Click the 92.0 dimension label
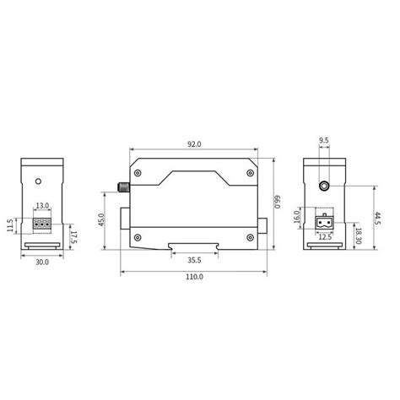pos(194,144)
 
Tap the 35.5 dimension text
pos(194,261)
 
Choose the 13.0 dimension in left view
pos(42,205)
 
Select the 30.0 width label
pos(43,262)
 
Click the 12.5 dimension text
pos(325,236)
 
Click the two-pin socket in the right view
pos(324,224)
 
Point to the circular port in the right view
pos(325,185)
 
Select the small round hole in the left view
pos(40,180)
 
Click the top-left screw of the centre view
pos(138,176)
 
